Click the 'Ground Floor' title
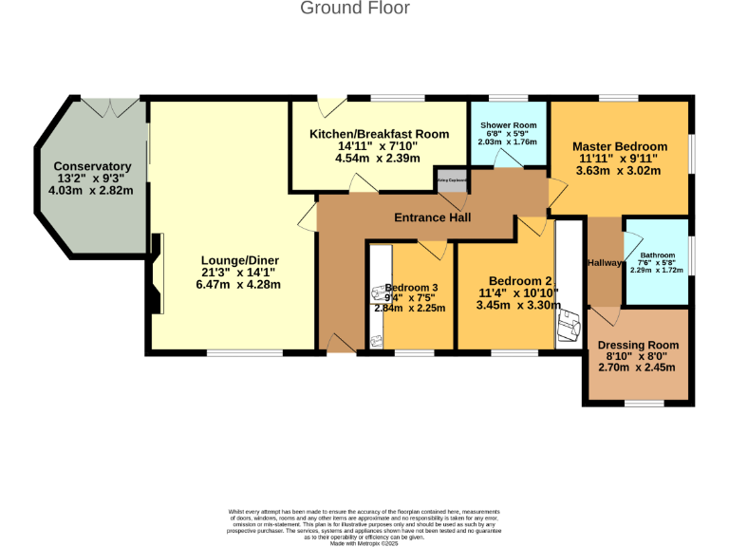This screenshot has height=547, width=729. [355, 9]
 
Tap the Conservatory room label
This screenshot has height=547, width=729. [92, 166]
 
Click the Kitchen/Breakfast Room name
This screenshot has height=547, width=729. [379, 134]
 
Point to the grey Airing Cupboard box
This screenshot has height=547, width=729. [452, 179]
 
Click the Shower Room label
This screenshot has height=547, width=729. [508, 125]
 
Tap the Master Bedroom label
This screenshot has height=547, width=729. [619, 146]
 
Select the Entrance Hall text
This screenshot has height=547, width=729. [433, 217]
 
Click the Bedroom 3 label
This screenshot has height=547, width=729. [411, 288]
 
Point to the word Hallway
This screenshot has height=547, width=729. [605, 263]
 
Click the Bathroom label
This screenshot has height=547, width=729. [656, 255]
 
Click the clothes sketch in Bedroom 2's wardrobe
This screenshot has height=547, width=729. [570, 325]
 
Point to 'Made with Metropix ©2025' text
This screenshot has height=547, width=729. [364, 543]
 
